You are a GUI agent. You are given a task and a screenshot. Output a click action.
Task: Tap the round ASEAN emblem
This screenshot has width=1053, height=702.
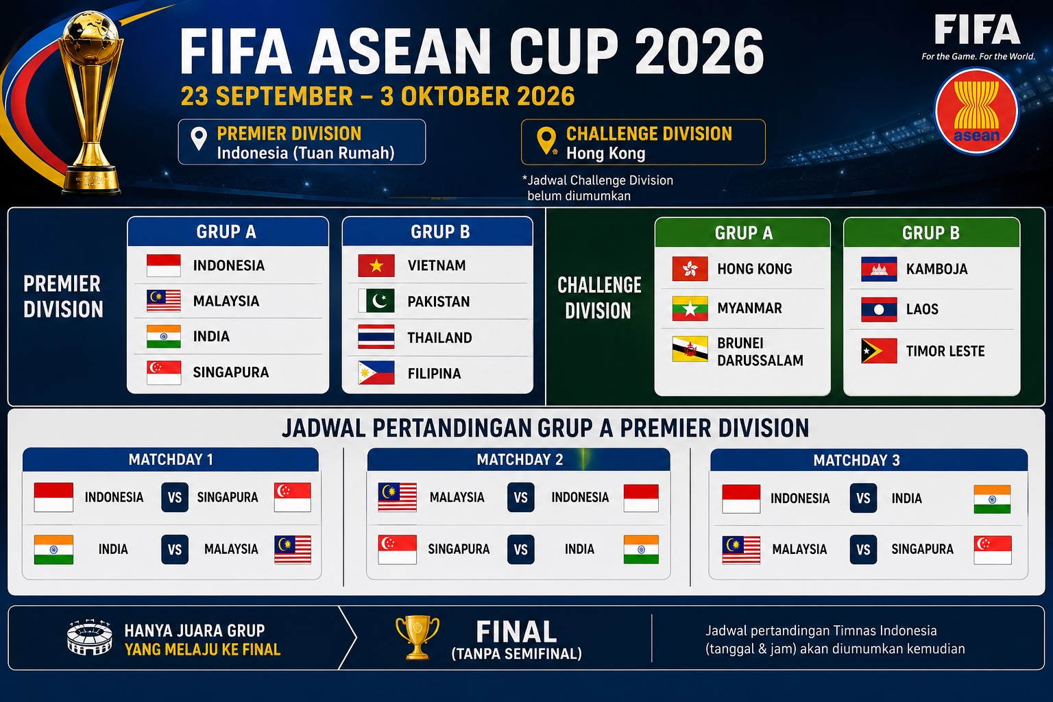pos(976,111)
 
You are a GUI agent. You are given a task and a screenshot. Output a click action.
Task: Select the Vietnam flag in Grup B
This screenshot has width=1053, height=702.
pos(376,266)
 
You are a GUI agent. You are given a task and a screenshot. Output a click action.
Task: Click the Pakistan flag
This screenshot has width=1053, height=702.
pos(376,301)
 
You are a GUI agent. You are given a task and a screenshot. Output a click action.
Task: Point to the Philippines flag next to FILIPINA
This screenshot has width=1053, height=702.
pos(376,373)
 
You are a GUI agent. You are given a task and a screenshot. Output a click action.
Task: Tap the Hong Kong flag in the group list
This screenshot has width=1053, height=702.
pos(690,269)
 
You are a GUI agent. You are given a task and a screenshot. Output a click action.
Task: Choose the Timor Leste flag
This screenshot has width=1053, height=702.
pos(879,351)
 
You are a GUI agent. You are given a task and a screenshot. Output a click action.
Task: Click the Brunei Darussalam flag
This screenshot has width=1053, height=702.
pos(690,349)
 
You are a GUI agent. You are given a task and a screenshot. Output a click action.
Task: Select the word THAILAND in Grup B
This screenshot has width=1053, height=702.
pos(439,337)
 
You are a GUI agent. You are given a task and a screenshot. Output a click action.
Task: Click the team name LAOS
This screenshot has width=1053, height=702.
pos(922,309)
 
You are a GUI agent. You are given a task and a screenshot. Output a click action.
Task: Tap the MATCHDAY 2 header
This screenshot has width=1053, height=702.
pos(519,459)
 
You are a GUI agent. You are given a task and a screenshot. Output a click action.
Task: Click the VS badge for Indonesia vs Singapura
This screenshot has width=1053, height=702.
pos(175,498)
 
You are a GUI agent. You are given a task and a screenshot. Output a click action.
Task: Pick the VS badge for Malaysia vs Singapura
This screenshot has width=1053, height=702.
pos(863,549)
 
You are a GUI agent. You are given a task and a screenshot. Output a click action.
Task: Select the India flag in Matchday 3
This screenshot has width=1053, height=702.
pos(992,499)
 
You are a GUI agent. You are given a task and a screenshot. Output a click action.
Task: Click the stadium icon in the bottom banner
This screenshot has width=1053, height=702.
pos(89,637)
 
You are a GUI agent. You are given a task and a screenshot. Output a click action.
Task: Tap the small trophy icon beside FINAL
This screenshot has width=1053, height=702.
pos(417,637)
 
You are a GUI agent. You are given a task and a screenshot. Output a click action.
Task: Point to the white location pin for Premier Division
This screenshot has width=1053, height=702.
pos(199,139)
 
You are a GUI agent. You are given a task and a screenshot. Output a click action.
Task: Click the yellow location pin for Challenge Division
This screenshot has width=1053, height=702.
pos(546,141)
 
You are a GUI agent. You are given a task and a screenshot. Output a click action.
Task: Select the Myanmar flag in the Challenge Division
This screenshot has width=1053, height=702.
pos(690,308)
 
